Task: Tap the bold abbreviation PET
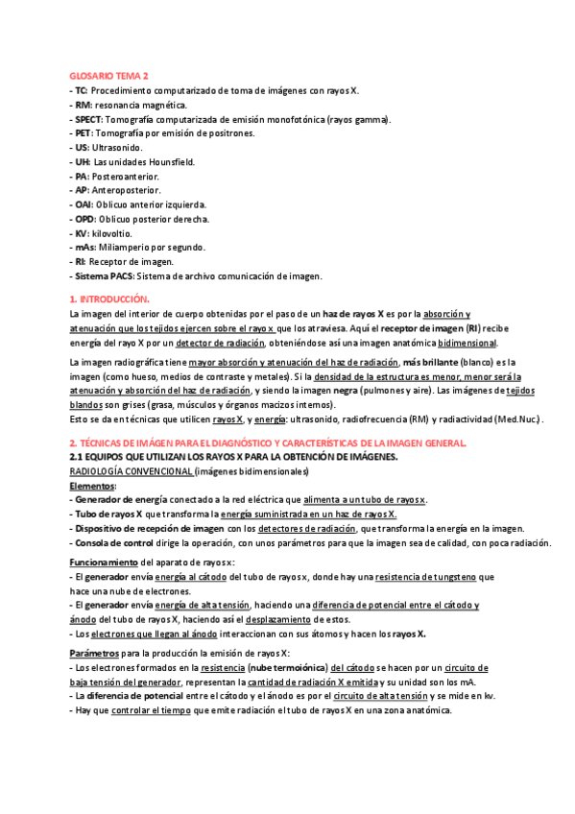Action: coord(84,133)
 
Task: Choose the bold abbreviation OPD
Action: coord(85,219)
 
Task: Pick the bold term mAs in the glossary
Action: coord(85,247)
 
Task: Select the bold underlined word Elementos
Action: coord(93,486)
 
